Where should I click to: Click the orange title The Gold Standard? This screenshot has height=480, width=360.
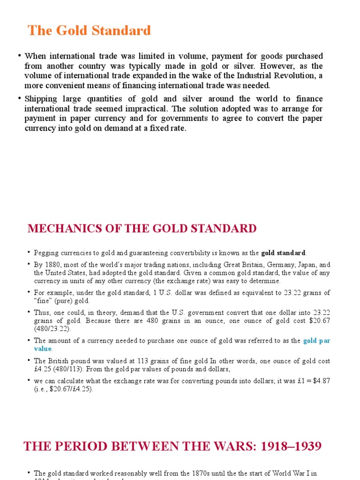click(89, 31)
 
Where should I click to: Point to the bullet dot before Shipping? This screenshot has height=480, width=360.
click(20, 98)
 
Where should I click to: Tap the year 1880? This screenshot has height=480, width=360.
click(52, 264)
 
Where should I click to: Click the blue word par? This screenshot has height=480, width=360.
click(324, 341)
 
